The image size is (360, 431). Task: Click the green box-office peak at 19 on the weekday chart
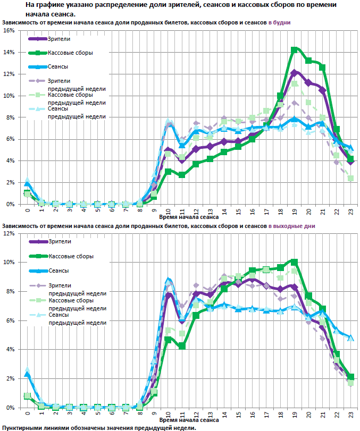tap(294, 50)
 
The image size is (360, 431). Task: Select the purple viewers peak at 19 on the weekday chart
tap(294, 72)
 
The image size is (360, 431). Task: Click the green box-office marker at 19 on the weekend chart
tap(294, 262)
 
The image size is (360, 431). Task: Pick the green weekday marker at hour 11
tap(182, 175)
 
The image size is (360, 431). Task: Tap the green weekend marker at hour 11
tap(182, 346)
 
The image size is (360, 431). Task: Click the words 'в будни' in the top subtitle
tap(279, 23)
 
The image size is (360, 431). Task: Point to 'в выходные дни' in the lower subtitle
tap(291, 226)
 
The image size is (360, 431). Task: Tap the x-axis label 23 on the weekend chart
tap(350, 413)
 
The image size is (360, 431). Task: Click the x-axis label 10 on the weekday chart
tap(168, 210)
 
